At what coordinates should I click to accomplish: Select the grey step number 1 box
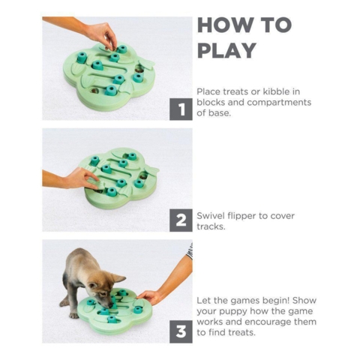[181, 109]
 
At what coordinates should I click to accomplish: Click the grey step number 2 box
[181, 220]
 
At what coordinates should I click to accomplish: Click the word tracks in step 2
[212, 226]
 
